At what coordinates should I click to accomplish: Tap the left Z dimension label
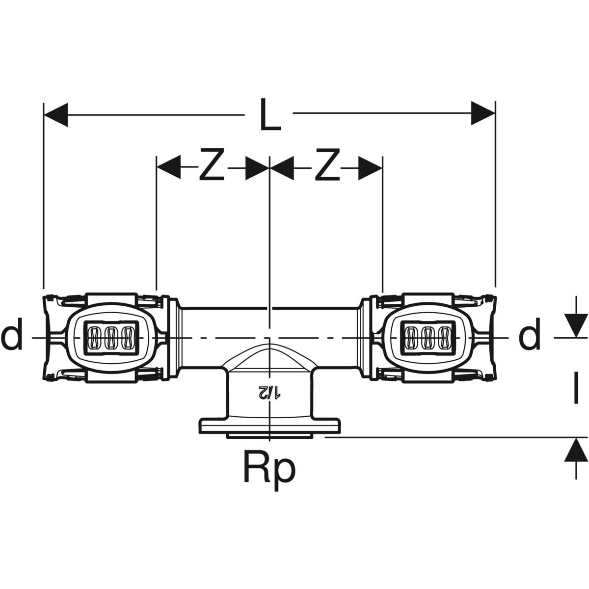tap(212, 164)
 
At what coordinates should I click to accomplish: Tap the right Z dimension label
tap(327, 164)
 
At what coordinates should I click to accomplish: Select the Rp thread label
tap(269, 470)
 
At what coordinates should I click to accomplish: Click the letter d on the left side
tap(12, 334)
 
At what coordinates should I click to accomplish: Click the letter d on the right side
tap(530, 334)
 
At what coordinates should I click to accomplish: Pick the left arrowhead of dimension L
tap(55, 115)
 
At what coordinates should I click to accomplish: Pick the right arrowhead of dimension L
tap(483, 113)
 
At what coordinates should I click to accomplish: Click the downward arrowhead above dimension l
tap(576, 326)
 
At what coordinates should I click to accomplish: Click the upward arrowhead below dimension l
tap(576, 450)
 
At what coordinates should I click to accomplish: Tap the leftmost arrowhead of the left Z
tap(168, 167)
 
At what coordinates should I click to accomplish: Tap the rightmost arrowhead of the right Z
tap(371, 168)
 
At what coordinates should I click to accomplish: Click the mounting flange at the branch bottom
tap(269, 426)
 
